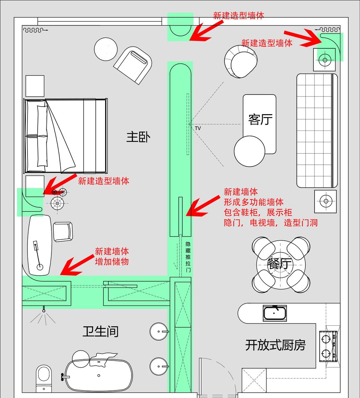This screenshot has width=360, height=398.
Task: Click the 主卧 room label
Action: tap(138, 137)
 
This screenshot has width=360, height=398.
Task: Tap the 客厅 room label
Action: tap(260, 119)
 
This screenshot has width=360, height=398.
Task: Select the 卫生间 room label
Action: tap(100, 332)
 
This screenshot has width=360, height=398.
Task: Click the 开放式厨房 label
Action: tap(275, 345)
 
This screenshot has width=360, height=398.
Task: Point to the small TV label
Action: tap(198, 129)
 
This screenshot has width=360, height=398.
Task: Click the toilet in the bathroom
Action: tap(44, 378)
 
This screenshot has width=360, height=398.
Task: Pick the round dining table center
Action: tap(281, 265)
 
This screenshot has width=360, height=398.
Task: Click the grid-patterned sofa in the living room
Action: tap(317, 130)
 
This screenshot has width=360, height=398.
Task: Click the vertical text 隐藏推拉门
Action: tap(188, 257)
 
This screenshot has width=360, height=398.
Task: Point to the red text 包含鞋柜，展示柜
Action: tap(258, 212)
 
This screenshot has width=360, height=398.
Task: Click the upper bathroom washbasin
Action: tap(159, 332)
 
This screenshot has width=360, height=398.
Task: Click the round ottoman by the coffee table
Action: tap(249, 151)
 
